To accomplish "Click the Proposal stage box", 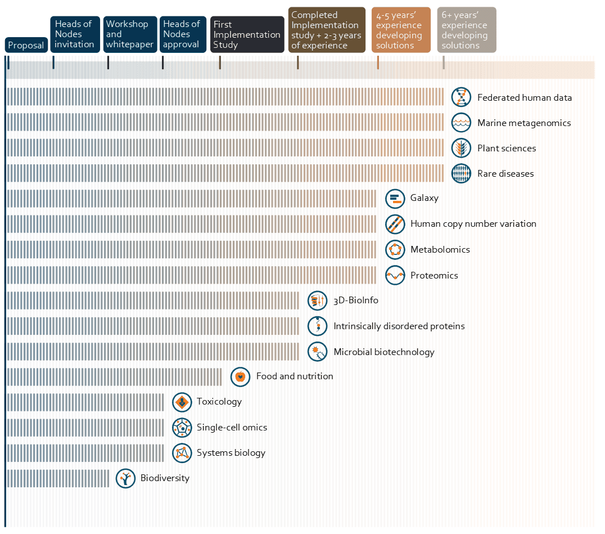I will (26, 46).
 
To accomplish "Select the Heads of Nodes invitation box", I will (74, 34).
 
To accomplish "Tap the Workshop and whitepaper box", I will (129, 34).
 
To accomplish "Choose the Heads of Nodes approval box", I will (181, 34).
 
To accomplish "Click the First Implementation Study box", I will (247, 34).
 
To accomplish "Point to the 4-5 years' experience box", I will (401, 30).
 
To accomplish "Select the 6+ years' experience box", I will (466, 30).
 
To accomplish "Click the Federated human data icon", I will (461, 97).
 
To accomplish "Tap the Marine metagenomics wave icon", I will (461, 123).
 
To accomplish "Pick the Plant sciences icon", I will (461, 148).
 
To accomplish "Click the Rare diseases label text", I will (505, 174).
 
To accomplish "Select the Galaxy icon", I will (395, 198).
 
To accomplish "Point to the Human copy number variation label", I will (473, 224).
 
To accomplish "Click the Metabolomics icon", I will (395, 249).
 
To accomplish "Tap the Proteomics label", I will (434, 276).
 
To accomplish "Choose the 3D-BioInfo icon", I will (317, 300).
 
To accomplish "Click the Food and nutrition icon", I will (240, 376).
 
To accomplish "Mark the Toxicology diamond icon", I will (182, 402).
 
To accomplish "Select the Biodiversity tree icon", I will (125, 478).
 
